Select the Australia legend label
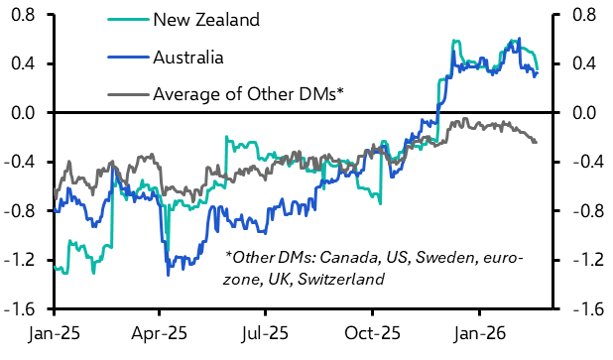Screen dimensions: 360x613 [188, 57]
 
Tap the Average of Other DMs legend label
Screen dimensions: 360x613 [248, 95]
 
